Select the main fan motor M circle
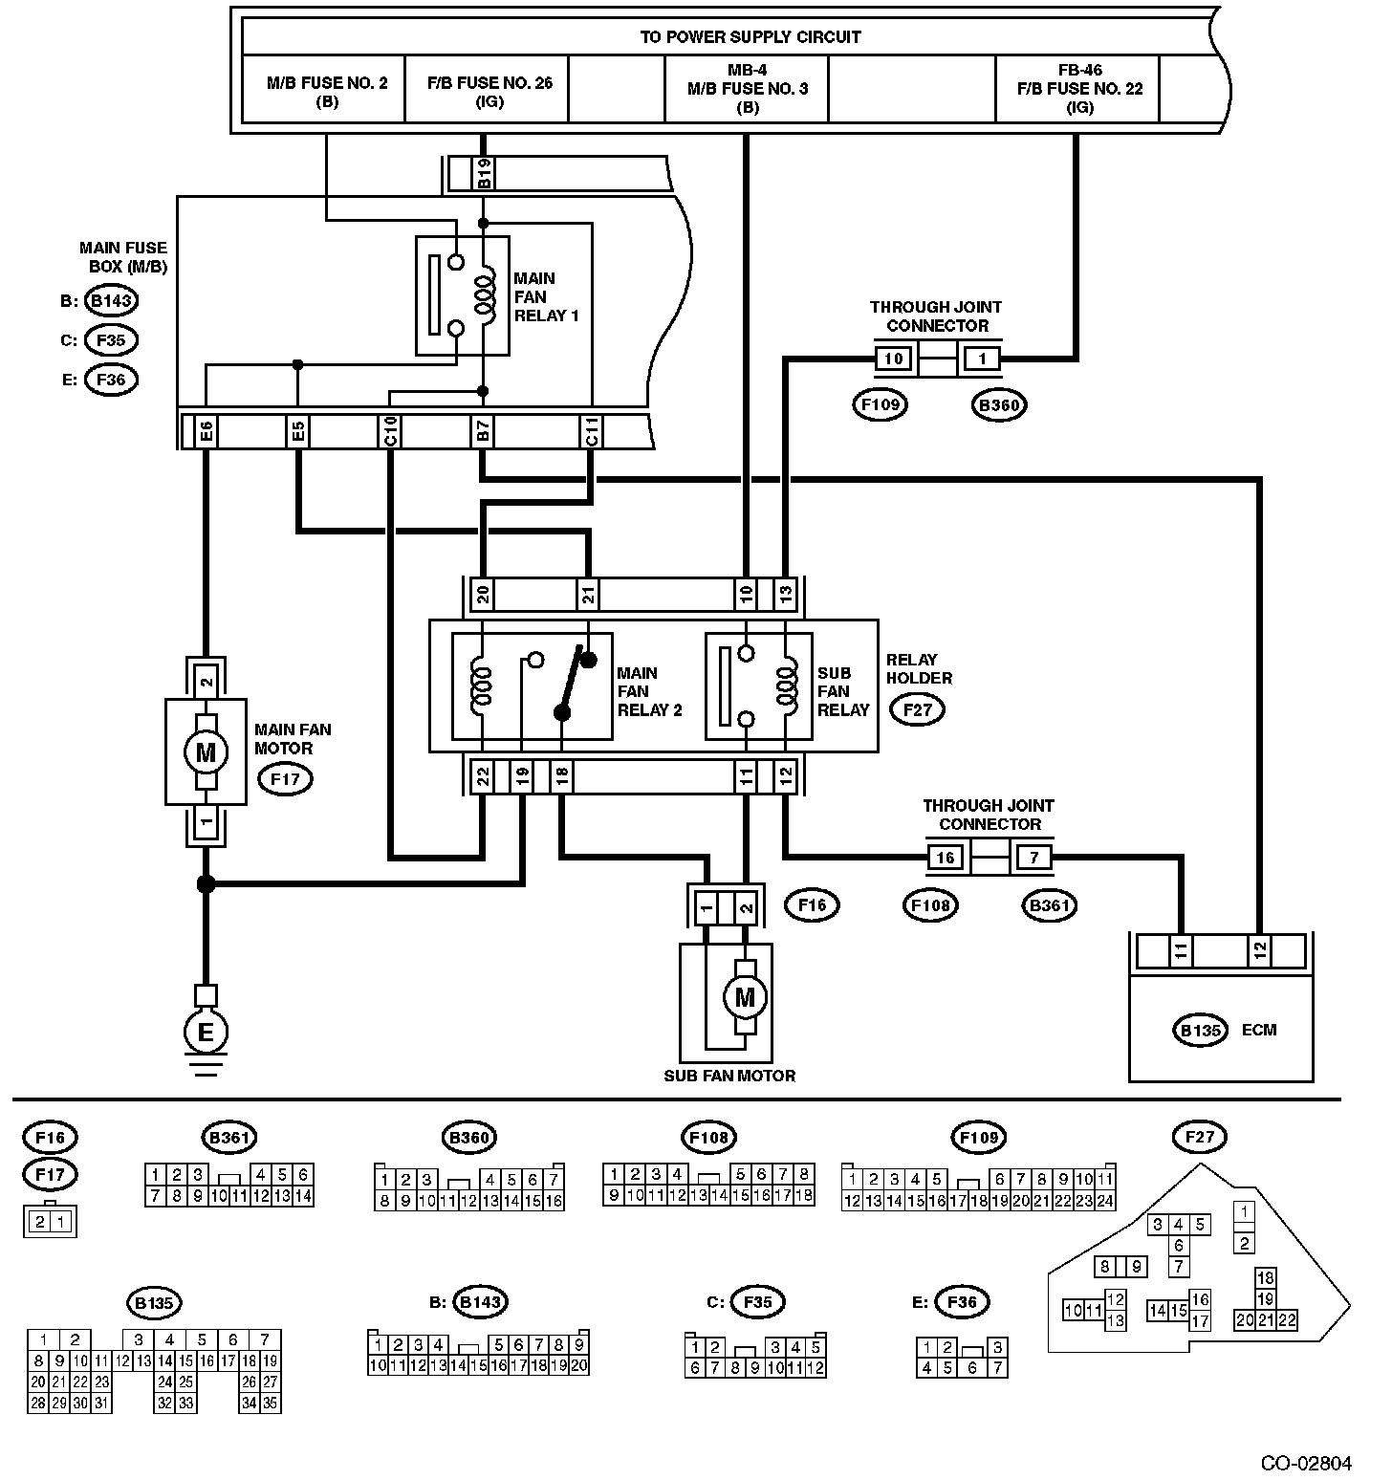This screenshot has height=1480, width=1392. (x=206, y=751)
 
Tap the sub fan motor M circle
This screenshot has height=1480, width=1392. (x=744, y=997)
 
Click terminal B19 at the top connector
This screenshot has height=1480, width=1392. (x=485, y=173)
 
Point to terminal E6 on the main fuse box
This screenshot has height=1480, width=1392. (x=206, y=432)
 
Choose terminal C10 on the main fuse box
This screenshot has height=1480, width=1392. (x=390, y=432)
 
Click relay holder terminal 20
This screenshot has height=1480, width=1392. (x=483, y=595)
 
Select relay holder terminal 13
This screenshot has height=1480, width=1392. (x=785, y=595)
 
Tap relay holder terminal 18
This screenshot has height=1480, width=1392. (x=562, y=776)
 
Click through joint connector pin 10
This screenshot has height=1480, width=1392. (x=894, y=359)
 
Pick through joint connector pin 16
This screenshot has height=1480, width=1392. (x=945, y=857)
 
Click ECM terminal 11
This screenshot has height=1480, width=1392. (x=1181, y=951)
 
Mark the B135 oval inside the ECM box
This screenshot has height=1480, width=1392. (x=1200, y=1030)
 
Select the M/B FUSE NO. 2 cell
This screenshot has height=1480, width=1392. (x=326, y=91)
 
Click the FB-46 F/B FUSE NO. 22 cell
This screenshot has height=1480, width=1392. (x=1078, y=91)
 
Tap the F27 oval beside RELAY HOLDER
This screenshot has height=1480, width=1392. (x=917, y=709)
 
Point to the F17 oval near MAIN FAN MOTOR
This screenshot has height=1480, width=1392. (x=285, y=778)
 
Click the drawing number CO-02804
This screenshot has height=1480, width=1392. (x=1306, y=1463)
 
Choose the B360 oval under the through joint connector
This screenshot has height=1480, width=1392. (x=1000, y=404)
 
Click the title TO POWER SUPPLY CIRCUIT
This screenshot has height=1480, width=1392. (x=750, y=37)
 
